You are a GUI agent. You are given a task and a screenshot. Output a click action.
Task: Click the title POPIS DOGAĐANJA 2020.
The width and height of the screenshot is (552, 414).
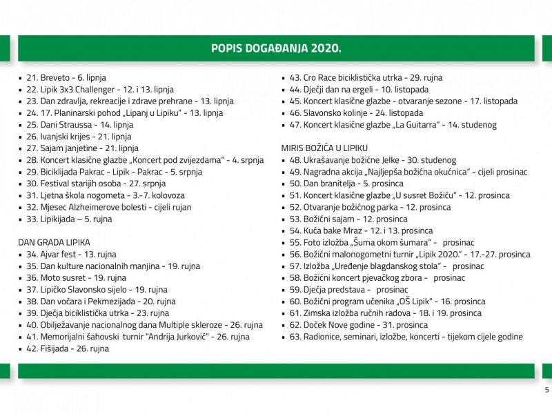(276, 48)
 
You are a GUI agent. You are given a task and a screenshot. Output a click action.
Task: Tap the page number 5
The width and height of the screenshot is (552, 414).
(546, 390)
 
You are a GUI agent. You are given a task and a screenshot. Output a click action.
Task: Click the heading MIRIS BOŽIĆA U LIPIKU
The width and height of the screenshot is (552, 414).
(324, 148)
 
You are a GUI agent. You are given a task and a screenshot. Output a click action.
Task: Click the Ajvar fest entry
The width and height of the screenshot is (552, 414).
(69, 255)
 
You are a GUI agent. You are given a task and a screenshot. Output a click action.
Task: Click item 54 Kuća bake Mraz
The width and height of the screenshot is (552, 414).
(362, 230)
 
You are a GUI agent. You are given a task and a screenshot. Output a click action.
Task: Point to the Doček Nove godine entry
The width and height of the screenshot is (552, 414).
(359, 325)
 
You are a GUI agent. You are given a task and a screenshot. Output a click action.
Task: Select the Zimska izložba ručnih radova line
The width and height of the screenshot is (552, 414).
(386, 313)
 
